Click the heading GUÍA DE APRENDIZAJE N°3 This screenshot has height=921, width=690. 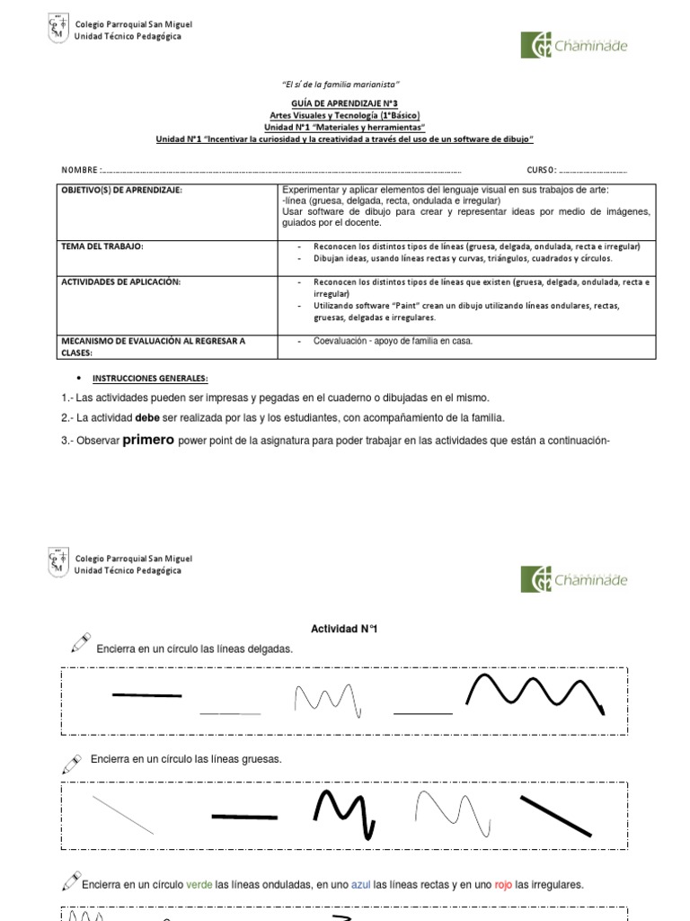tap(345, 104)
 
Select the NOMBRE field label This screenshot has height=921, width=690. tap(81, 170)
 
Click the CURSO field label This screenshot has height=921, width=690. tap(541, 170)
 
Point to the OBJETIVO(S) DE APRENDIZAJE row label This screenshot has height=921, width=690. tap(121, 191)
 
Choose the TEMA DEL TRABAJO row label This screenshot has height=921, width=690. tap(102, 246)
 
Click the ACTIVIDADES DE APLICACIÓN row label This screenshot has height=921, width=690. tap(120, 282)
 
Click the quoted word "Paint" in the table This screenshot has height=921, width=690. tap(400, 306)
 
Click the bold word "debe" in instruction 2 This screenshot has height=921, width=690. tap(147, 417)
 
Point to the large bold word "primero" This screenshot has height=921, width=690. tap(148, 440)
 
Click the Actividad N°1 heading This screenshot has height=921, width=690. tap(345, 629)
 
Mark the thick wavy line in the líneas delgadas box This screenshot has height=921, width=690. tap(534, 693)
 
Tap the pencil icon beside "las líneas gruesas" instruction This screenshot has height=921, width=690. tap(72, 763)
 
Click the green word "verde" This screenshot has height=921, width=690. tap(199, 884)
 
